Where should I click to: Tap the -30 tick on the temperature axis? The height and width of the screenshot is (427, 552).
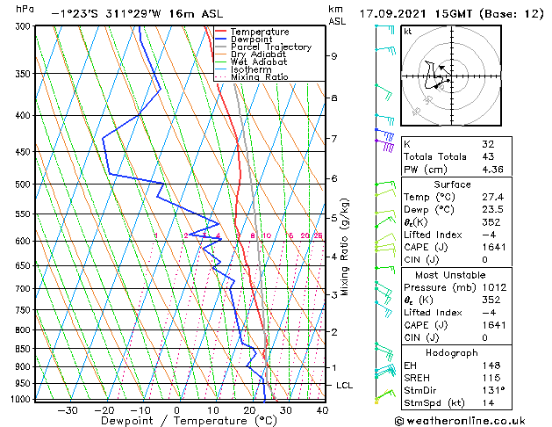click(68, 410)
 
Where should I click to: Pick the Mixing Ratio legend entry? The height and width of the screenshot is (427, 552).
click(260, 77)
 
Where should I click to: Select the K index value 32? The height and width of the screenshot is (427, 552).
click(488, 143)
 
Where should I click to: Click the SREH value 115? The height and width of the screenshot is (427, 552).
click(489, 377)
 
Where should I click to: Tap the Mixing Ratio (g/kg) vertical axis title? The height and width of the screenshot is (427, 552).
click(346, 247)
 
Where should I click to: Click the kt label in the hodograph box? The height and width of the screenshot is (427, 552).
click(408, 32)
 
